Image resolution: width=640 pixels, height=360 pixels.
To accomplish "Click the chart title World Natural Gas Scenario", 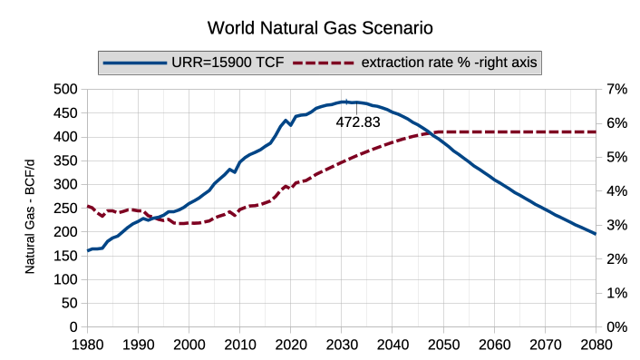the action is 320,28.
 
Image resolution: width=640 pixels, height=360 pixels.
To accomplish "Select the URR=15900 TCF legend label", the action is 228,63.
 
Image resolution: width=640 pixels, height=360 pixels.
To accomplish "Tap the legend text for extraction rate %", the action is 449,63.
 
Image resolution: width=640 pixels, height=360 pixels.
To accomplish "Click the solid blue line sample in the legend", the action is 135,63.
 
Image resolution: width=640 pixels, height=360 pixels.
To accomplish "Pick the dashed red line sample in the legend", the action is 324,63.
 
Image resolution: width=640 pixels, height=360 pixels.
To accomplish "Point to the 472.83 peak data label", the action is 358,122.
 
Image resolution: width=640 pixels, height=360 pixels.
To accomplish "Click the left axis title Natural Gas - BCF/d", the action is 30,217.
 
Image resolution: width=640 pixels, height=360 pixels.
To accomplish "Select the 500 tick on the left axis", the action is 65,89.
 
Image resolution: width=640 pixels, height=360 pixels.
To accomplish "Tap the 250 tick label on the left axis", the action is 65,209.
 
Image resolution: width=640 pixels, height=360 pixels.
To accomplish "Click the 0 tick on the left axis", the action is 73,327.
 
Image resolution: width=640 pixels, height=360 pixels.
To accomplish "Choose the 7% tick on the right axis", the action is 616,89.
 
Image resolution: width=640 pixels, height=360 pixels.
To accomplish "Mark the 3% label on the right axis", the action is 616,225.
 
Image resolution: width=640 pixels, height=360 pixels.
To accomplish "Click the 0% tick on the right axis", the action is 616,327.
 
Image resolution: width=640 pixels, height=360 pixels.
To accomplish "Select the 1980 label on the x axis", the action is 87,345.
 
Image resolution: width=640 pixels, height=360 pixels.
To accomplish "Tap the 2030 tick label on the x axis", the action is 342,345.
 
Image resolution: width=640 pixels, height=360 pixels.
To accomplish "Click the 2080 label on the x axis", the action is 596,345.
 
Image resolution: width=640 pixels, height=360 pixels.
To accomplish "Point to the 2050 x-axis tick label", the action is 443,345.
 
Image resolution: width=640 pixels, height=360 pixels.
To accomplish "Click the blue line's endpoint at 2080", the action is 596,234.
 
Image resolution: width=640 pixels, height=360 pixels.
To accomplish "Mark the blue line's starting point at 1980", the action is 87,250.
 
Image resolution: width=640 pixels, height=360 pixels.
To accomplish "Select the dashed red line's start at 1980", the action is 87,207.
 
